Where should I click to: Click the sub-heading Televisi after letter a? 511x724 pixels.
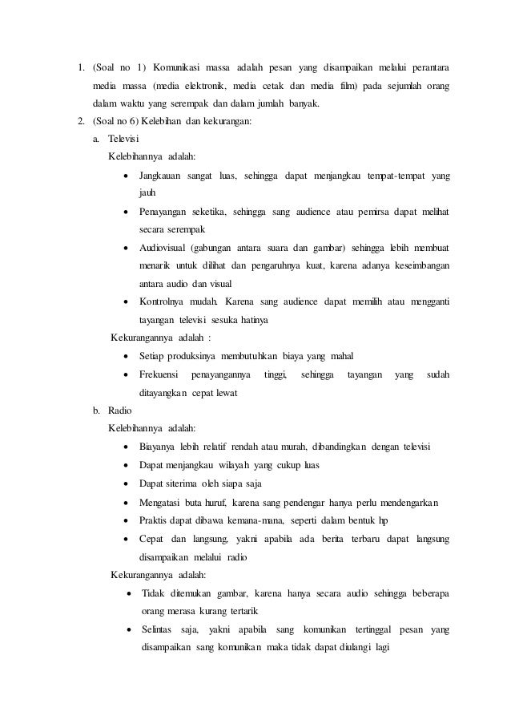[x=123, y=139]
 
